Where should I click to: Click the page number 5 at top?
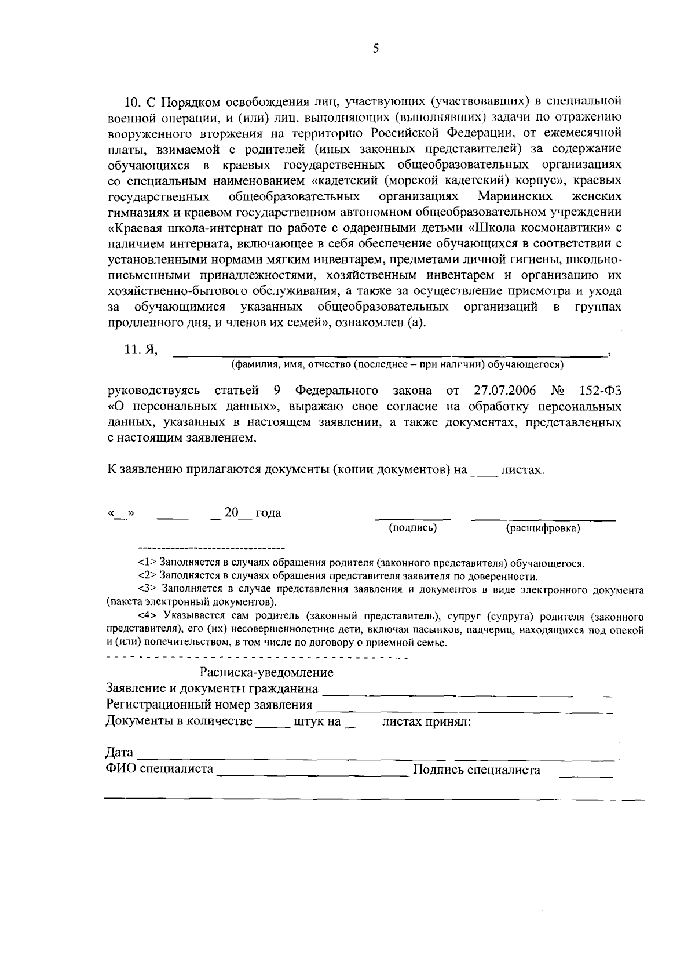[375, 49]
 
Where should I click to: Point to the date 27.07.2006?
[504, 390]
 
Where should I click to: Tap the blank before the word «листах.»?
[484, 472]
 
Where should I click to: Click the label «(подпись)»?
[412, 527]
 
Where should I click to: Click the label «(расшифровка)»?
[543, 528]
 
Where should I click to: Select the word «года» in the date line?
[268, 513]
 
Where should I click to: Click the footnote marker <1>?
[148, 562]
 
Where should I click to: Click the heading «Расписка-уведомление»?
[266, 673]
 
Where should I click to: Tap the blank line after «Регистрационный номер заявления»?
[463, 708]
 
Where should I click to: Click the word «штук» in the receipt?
[317, 722]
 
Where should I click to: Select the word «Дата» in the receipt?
[119, 753]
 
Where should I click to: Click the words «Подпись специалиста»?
[476, 770]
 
